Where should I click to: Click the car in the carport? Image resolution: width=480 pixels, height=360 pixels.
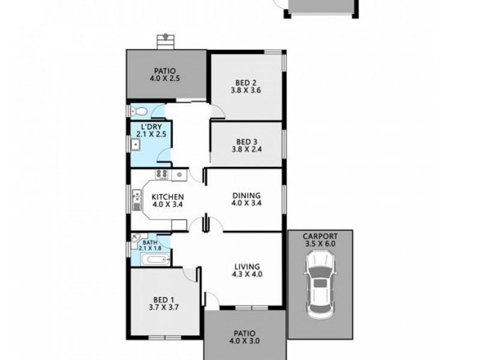(x=320, y=285)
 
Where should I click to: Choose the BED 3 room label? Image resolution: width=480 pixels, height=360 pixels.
(x=246, y=142)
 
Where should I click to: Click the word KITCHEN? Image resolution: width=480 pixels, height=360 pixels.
(x=167, y=196)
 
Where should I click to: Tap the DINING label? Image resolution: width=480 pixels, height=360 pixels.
(x=246, y=195)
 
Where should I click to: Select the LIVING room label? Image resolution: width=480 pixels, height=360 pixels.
(x=247, y=266)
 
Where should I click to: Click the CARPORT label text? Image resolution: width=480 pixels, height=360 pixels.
(x=320, y=236)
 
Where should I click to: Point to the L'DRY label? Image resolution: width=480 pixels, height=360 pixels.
(x=150, y=127)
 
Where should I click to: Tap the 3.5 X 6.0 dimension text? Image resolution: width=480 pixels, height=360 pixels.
(x=320, y=244)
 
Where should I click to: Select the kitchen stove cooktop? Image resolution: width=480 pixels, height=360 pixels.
(x=162, y=174)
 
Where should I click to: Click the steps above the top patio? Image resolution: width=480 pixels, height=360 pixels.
(x=164, y=41)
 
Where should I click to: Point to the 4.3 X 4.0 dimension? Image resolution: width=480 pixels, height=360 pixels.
(x=247, y=275)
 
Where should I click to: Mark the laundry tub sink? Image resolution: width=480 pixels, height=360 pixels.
(x=137, y=143)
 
